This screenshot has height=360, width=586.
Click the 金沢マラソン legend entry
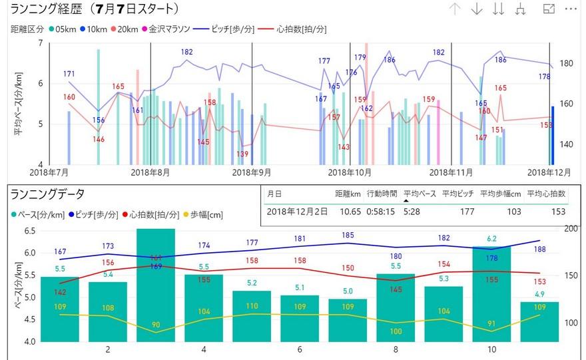169,30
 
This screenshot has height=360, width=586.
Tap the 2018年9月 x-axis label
251,172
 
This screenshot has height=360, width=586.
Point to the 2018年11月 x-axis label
451,172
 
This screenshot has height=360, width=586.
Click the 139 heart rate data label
242,154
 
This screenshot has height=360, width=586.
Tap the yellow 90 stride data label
156,325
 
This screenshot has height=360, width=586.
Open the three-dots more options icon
571,9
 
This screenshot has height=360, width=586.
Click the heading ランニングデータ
47,194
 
